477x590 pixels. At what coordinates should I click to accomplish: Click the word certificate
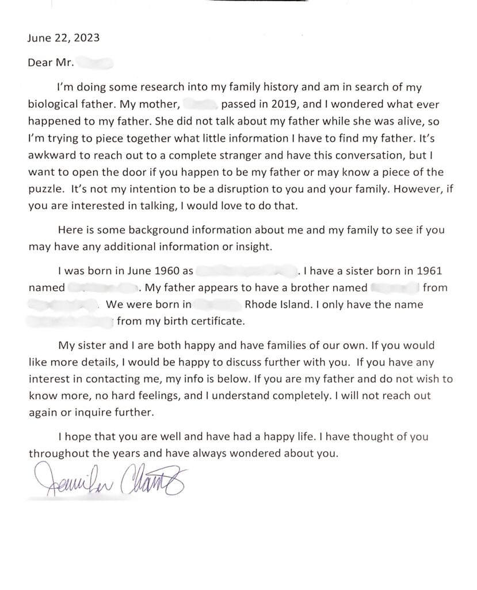click(215, 320)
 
